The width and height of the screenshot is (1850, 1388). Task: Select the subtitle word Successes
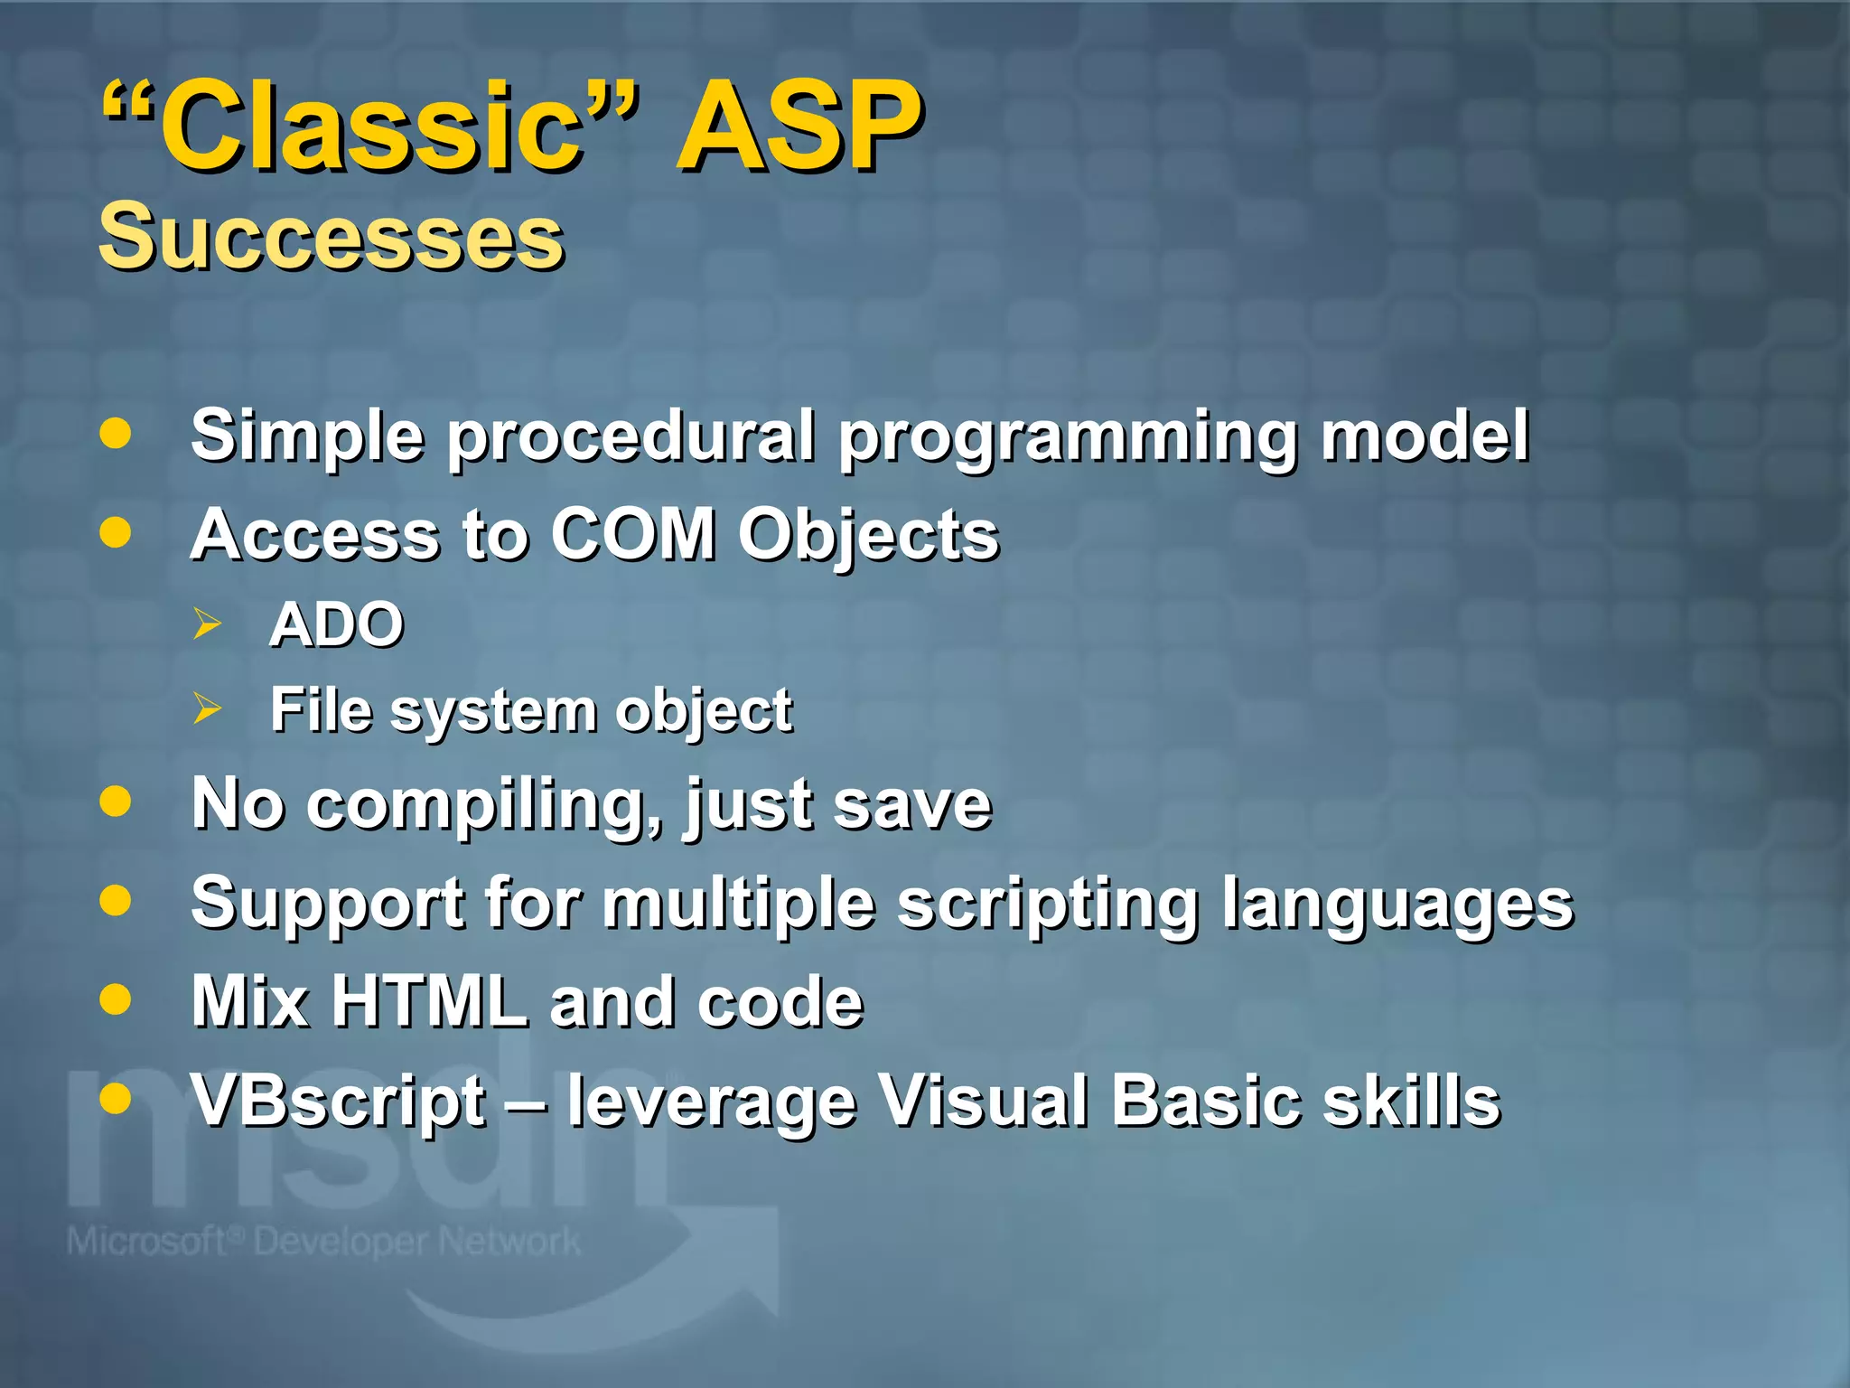point(331,237)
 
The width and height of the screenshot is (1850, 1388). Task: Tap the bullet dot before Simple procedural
point(116,434)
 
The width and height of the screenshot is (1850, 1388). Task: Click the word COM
point(632,534)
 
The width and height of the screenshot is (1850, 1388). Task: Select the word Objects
point(868,536)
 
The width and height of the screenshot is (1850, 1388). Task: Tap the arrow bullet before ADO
point(207,624)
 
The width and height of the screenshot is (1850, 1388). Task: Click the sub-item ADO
point(336,624)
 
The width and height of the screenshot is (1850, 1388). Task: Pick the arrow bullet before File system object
point(207,709)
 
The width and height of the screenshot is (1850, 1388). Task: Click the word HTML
point(429,1001)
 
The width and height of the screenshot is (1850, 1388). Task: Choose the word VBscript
point(339,1102)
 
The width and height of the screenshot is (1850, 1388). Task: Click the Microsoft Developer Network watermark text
point(323,1242)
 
